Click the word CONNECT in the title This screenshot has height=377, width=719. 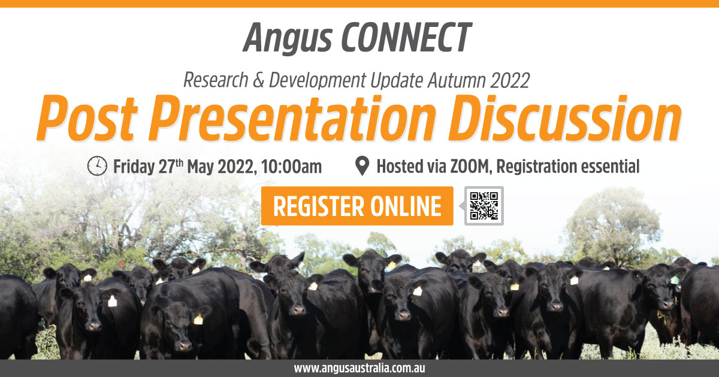[x=406, y=37]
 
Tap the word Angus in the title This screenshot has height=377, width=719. [x=287, y=39]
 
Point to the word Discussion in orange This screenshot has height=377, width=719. [x=565, y=118]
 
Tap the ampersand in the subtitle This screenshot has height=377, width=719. [x=258, y=80]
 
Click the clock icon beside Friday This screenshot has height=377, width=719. [x=97, y=166]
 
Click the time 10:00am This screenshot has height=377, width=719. [x=291, y=167]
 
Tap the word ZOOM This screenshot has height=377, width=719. [x=470, y=167]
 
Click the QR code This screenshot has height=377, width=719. [x=484, y=206]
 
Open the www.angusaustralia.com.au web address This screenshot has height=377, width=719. [x=359, y=368]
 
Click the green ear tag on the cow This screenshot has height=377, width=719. [x=675, y=279]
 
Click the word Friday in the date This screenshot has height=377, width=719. [x=134, y=168]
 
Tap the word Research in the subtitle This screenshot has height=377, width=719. [x=216, y=80]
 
